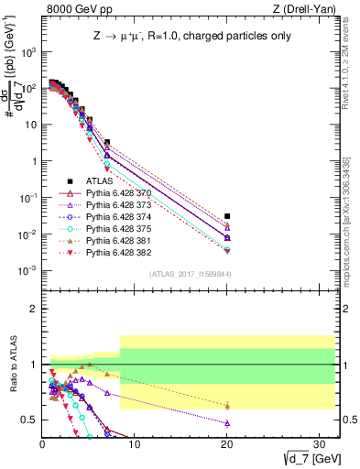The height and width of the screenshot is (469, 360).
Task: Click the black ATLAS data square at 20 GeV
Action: (x=227, y=216)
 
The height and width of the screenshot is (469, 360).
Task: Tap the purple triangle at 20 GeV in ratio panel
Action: (x=227, y=423)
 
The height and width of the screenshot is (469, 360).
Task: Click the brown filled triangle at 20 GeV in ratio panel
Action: (x=227, y=405)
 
